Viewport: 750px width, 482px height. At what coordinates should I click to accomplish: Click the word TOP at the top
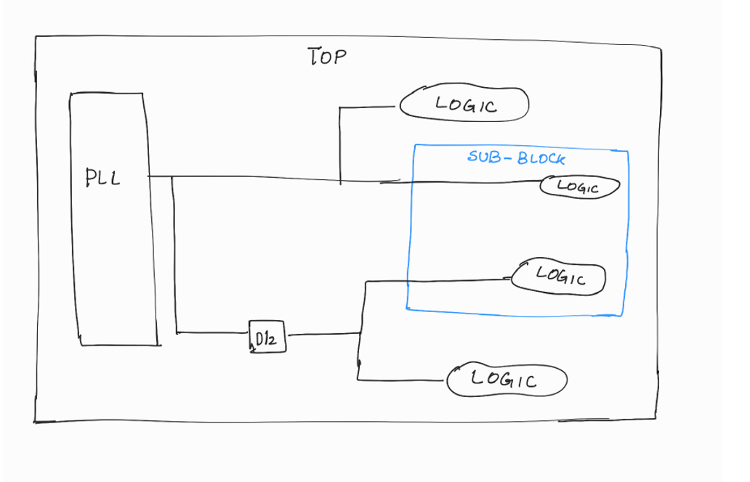pos(326,57)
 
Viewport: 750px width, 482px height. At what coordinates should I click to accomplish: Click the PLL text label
pos(103,177)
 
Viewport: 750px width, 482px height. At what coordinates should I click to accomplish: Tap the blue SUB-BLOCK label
pos(515,157)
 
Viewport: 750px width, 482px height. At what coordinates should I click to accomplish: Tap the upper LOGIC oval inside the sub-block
pos(578,187)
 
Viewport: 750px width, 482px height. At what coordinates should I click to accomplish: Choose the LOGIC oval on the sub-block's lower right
pos(560,277)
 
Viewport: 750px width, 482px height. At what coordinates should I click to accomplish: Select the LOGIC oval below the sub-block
pos(506,379)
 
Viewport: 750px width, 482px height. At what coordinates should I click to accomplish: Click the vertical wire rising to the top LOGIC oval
pos(340,145)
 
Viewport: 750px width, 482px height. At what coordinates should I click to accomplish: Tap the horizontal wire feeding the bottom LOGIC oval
pos(403,380)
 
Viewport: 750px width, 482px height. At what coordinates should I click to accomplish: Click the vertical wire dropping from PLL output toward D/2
pos(174,254)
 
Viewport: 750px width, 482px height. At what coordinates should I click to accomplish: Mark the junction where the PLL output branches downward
pos(172,176)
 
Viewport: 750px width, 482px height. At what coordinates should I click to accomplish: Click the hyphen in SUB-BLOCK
pos(506,157)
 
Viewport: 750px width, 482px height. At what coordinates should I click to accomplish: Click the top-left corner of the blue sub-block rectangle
pos(415,146)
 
